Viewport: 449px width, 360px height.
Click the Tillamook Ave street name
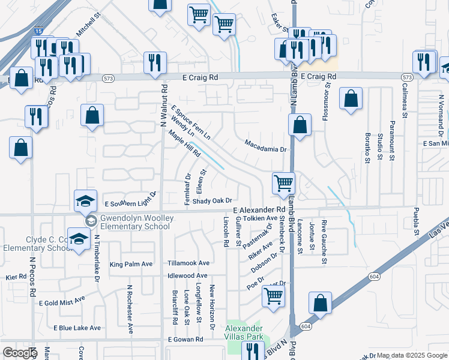click(x=188, y=263)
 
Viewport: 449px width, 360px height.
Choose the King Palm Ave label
click(x=131, y=264)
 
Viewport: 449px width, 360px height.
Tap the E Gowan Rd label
click(x=186, y=340)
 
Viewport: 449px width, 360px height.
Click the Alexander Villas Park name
click(x=244, y=332)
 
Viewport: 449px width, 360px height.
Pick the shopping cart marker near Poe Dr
click(x=273, y=295)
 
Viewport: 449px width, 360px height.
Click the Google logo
click(x=19, y=353)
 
